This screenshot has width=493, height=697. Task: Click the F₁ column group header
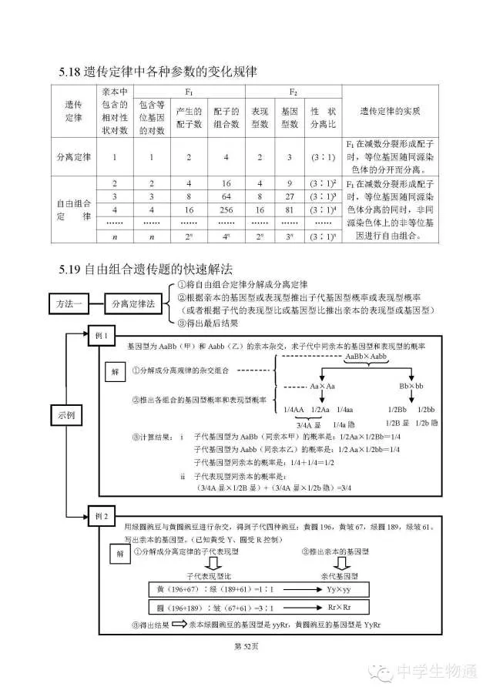189,92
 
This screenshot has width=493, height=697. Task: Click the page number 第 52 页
246,645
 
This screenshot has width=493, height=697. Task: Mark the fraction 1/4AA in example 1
295,409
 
